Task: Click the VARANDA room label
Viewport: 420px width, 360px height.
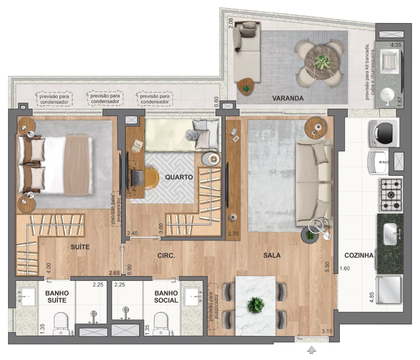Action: [288, 98]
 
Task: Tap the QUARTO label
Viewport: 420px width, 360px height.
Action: [179, 177]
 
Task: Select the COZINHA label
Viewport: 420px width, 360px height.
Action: [359, 255]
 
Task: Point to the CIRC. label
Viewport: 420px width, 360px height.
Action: [166, 256]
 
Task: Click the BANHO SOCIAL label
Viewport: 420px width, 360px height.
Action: [166, 297]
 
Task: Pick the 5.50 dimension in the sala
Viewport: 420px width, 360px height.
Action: [327, 267]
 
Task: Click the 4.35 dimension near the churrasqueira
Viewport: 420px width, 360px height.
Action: [396, 45]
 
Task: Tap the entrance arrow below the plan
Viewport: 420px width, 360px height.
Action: [312, 349]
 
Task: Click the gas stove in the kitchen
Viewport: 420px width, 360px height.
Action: [391, 195]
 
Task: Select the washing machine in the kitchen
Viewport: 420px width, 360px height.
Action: [384, 133]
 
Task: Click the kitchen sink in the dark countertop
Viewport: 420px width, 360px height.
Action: [390, 234]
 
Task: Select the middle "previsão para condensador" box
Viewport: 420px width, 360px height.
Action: [105, 99]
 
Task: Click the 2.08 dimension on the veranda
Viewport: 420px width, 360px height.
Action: [231, 23]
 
